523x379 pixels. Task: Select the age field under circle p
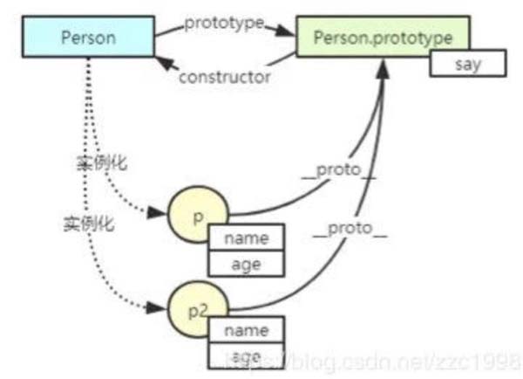(247, 263)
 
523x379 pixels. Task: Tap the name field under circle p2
(247, 332)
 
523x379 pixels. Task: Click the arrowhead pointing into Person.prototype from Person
(283, 31)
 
